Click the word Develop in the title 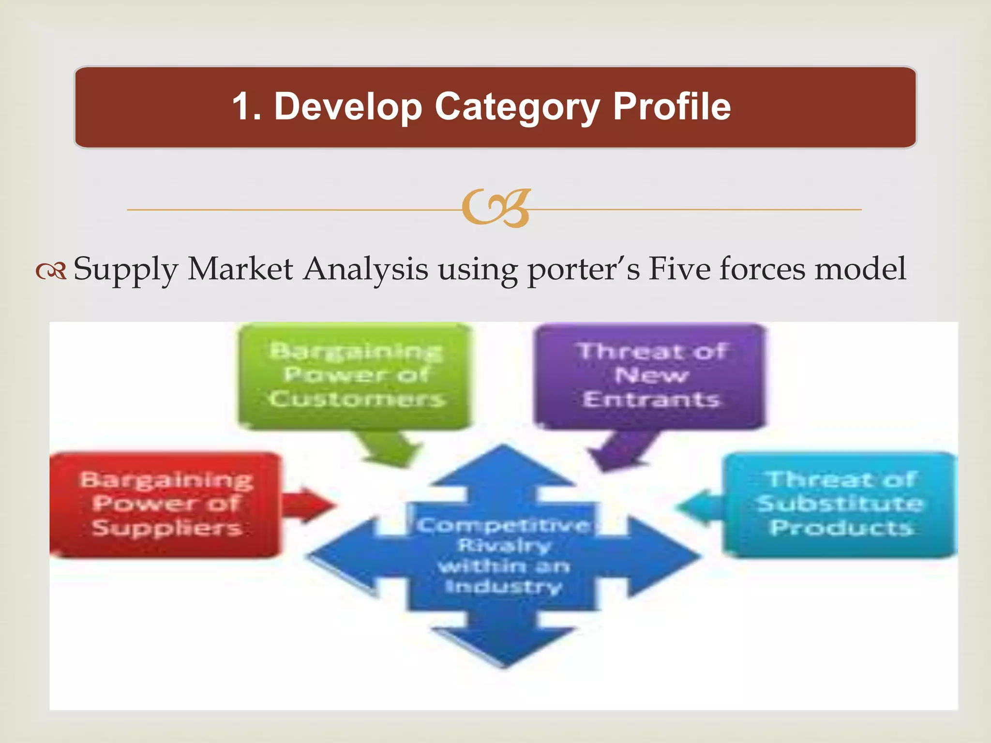click(347, 107)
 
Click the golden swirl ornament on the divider click(496, 208)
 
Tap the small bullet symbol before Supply click(50, 272)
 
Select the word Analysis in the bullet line click(365, 269)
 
